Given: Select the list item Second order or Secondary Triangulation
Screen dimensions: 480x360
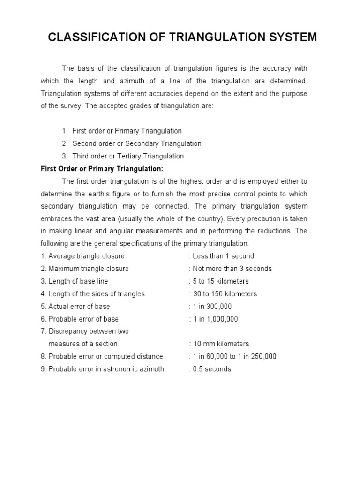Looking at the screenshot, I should [x=137, y=143].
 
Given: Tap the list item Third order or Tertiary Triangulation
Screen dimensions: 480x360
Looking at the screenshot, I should [x=128, y=156].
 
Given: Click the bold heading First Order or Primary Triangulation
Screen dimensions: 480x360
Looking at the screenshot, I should [x=102, y=169].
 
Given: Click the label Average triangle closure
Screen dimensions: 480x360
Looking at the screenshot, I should [x=86, y=256].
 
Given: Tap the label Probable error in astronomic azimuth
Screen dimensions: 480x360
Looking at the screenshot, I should [x=106, y=369].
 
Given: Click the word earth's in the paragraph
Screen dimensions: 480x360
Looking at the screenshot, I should [x=142, y=194].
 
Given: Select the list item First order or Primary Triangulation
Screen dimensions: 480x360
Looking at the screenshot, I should [x=127, y=131].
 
